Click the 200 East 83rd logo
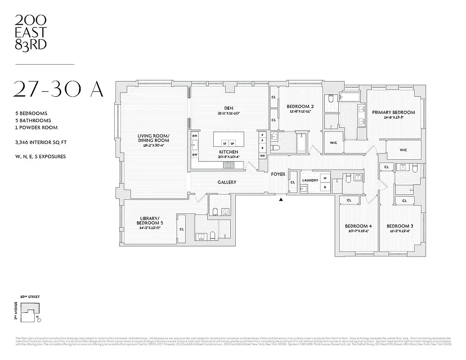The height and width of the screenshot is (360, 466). tap(31, 32)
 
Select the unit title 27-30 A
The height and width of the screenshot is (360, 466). tap(58, 89)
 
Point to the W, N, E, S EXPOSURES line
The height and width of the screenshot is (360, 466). tap(40, 157)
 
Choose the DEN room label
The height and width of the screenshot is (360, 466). tap(228, 108)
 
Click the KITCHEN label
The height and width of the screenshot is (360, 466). tap(229, 152)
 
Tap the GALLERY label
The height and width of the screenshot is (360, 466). tap(227, 182)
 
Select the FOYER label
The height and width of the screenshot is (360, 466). tap(278, 174)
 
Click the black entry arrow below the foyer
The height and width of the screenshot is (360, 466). tap(281, 199)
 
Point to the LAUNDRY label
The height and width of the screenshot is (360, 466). tap(310, 180)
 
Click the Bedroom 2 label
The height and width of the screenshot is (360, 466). tap(300, 107)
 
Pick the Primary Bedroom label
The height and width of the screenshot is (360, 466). tap(393, 112)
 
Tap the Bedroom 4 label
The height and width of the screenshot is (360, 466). tap(358, 226)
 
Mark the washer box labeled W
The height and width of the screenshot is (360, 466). tap(324, 178)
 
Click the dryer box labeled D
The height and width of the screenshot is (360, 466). tap(324, 187)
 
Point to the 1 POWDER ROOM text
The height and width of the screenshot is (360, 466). tap(36, 128)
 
